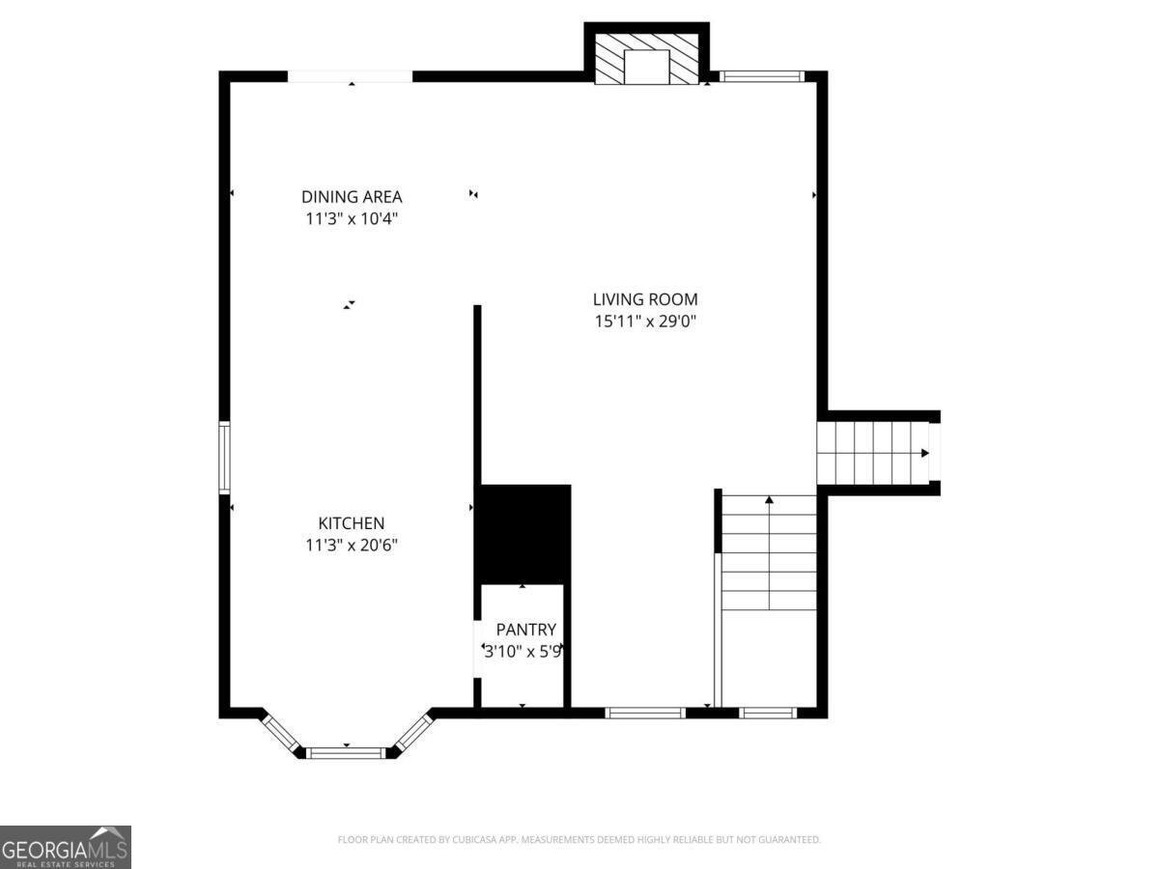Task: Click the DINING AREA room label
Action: [x=352, y=197]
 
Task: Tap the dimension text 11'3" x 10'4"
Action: [x=352, y=219]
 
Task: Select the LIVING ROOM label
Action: [x=645, y=299]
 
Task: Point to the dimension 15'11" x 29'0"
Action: [x=645, y=322]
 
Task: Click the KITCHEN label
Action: [x=352, y=523]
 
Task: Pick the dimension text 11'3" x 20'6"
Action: [x=352, y=546]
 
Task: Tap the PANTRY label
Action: [x=525, y=630]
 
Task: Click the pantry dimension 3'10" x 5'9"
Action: [x=523, y=652]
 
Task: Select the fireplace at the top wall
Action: [x=646, y=61]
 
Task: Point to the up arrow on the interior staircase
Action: [x=770, y=500]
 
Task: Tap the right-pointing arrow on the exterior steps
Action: [x=925, y=453]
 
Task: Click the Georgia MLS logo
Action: [x=65, y=847]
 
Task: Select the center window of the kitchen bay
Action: [x=346, y=752]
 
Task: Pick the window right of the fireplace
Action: [x=762, y=76]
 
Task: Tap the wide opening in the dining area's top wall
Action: [x=351, y=76]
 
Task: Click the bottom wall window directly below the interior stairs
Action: [x=769, y=714]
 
